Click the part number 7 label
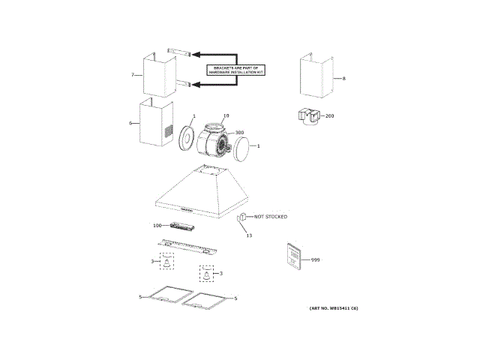point(133,76)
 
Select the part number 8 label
point(343,79)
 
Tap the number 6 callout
point(130,123)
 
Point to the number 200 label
point(330,116)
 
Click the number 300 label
point(240,133)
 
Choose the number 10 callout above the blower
point(226,116)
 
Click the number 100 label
point(157,226)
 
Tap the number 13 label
point(249,235)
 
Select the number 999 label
point(315,259)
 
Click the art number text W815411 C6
point(334,308)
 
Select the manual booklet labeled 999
point(293,256)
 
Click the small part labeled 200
point(307,118)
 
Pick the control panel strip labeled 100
point(183,226)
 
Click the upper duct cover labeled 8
point(315,76)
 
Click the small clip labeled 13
point(243,218)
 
